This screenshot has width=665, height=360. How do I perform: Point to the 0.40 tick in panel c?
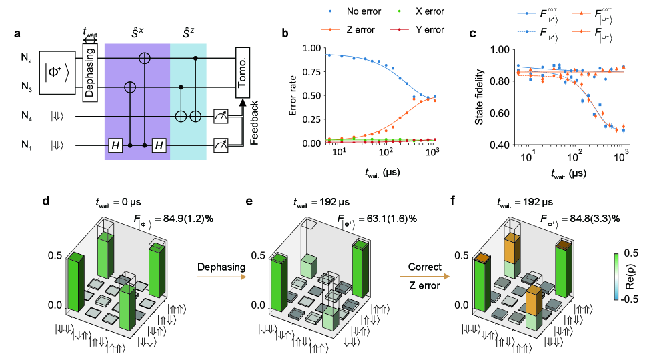pos(505,145)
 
